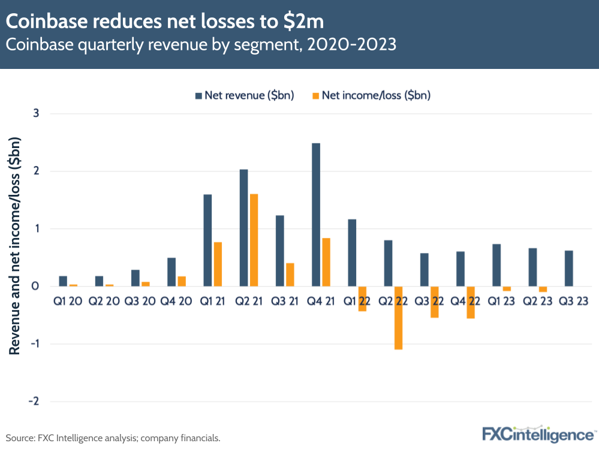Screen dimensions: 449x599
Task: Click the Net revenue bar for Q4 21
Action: pyautogui.click(x=316, y=215)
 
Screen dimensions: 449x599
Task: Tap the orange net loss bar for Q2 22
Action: pyautogui.click(x=398, y=318)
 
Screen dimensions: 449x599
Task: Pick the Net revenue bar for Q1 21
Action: pyautogui.click(x=207, y=240)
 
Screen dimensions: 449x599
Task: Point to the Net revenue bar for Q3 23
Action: pyautogui.click(x=568, y=268)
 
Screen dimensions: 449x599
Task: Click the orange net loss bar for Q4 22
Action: pyautogui.click(x=471, y=302)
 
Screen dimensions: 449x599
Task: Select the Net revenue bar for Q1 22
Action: pyautogui.click(x=352, y=252)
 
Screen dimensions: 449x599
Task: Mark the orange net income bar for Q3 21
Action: pyautogui.click(x=290, y=275)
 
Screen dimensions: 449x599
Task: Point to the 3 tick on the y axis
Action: pyautogui.click(x=36, y=113)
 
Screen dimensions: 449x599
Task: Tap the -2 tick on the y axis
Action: pyautogui.click(x=34, y=401)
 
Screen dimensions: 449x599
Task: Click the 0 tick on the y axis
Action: pyautogui.click(x=36, y=286)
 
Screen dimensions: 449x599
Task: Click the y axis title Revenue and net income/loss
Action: pyautogui.click(x=16, y=246)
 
